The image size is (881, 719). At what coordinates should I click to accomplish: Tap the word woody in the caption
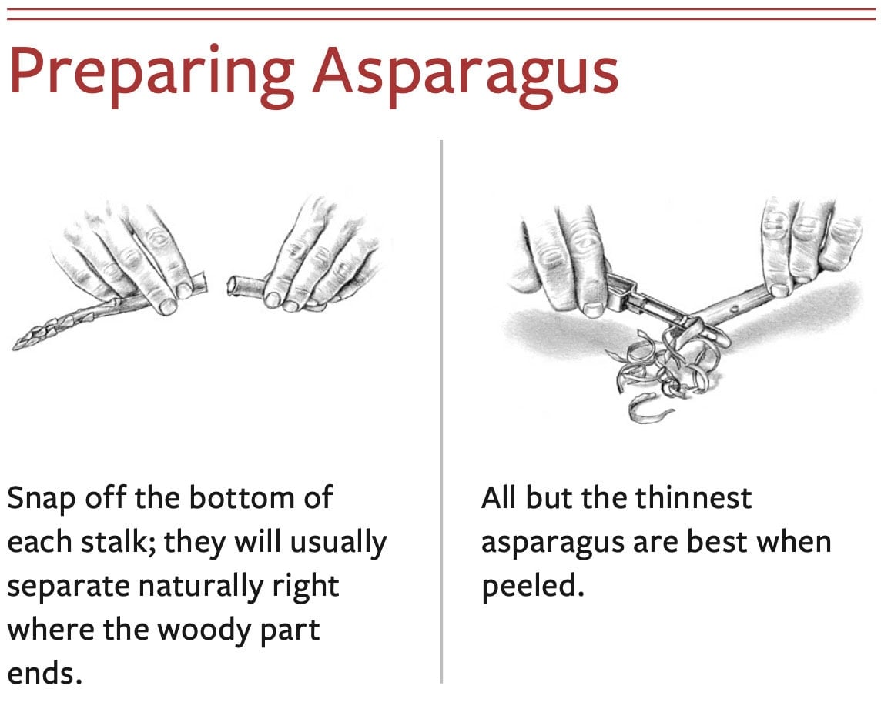(x=205, y=630)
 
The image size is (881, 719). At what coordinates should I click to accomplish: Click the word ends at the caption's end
(x=44, y=672)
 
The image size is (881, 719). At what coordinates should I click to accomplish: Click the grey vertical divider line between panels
(x=441, y=411)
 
